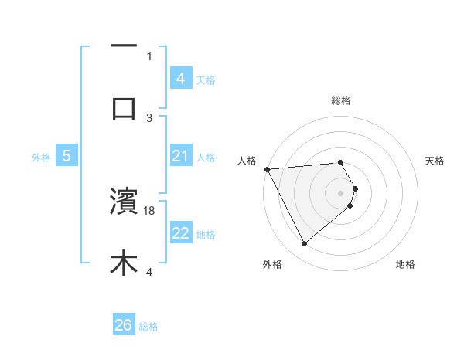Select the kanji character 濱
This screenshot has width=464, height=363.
[x=124, y=202]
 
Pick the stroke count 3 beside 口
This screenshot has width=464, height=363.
[x=149, y=117]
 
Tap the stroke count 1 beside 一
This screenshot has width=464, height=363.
[x=149, y=56]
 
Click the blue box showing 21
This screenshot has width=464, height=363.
[x=180, y=156]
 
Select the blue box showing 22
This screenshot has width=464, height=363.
[x=180, y=233]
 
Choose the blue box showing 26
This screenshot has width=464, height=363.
[x=124, y=325]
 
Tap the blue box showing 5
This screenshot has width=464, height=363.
[x=67, y=156]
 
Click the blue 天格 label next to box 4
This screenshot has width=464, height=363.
[x=206, y=80]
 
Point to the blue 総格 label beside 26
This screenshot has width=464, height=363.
[x=148, y=327]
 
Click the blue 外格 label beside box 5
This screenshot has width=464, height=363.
[x=41, y=157]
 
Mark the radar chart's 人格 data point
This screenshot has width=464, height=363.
[x=266, y=169]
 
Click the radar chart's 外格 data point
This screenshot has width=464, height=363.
[x=304, y=244]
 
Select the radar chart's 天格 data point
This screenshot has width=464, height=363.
[x=355, y=188]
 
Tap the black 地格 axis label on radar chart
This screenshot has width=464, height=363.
[x=405, y=264]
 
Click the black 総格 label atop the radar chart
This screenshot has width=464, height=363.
[x=341, y=100]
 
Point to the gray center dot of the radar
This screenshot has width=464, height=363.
[x=341, y=192]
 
